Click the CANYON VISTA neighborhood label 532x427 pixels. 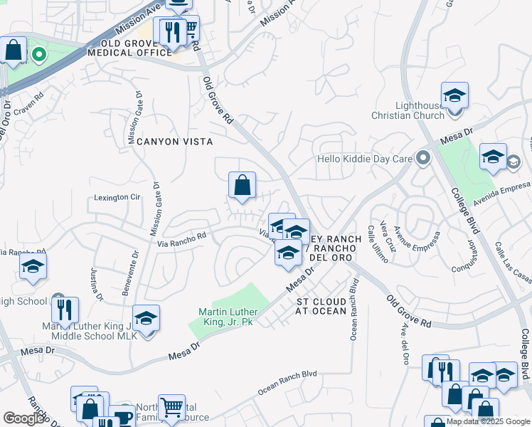pyautogui.click(x=174, y=142)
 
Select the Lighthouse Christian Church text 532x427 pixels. pyautogui.click(x=409, y=110)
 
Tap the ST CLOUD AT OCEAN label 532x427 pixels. pyautogui.click(x=321, y=306)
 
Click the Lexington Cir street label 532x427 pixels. pyautogui.click(x=117, y=197)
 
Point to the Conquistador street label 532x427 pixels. pyautogui.click(x=470, y=255)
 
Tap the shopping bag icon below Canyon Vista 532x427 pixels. pyautogui.click(x=243, y=186)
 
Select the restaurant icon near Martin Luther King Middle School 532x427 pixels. pyautogui.click(x=65, y=310)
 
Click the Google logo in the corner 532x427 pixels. pyautogui.click(x=24, y=418)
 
